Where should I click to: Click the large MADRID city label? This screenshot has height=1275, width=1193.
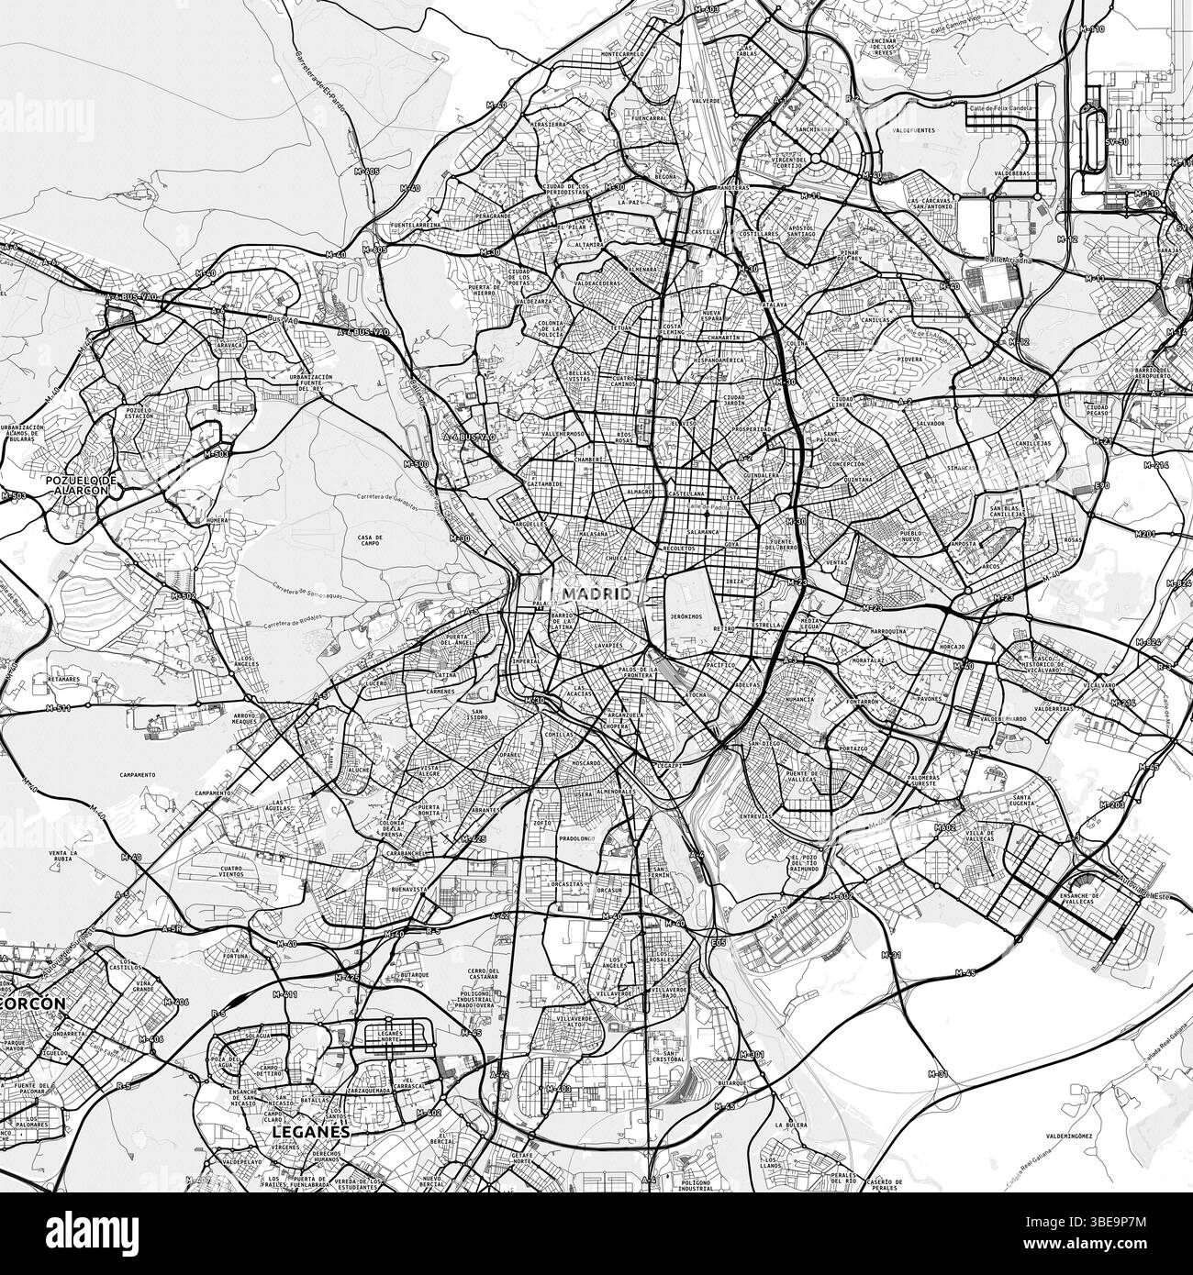point(597,593)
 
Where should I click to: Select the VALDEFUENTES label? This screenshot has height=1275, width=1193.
point(908,131)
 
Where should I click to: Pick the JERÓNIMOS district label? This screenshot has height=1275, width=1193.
point(686,616)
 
